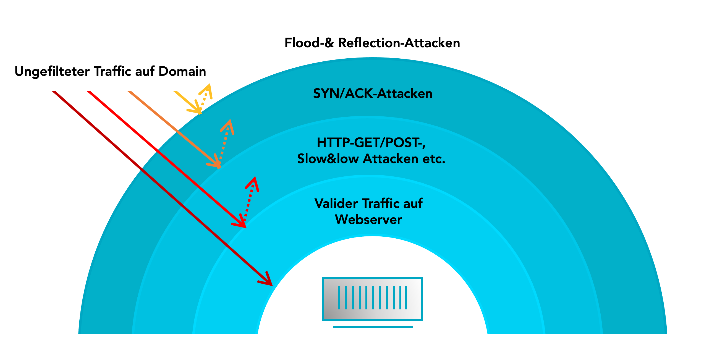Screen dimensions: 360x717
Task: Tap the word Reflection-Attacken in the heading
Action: (399, 43)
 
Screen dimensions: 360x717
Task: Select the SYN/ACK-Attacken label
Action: (373, 93)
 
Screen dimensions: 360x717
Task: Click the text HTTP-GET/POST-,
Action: (371, 143)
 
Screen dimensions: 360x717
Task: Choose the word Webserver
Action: (368, 220)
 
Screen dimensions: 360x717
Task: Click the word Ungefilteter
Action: (52, 72)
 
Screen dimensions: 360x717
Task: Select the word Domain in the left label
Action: (182, 72)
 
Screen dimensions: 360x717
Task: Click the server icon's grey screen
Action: (372, 298)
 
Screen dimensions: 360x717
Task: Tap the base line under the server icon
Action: (373, 327)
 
